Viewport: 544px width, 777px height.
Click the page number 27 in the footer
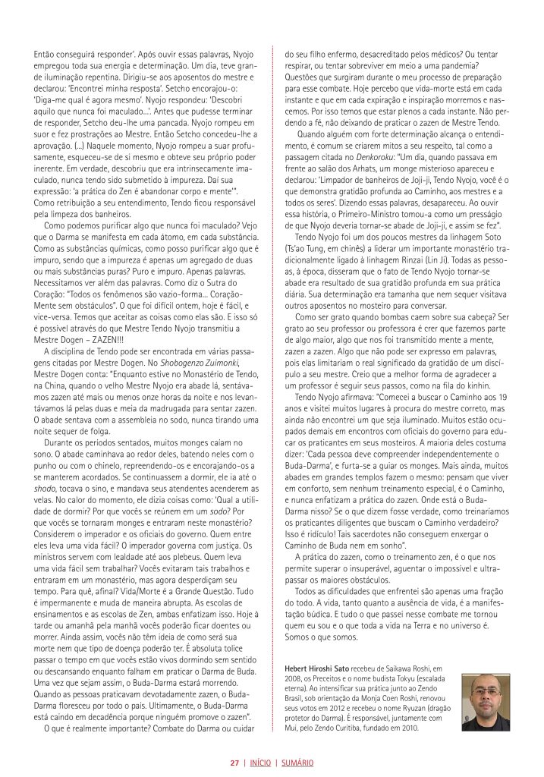coord(235,763)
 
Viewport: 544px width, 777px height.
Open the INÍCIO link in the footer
coord(261,763)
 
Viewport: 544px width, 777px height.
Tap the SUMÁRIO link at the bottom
coord(298,763)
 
